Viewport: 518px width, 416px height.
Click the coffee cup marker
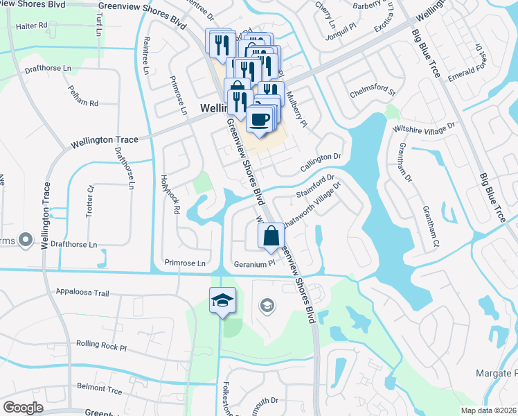point(260,119)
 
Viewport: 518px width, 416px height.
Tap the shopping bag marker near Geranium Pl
point(271,235)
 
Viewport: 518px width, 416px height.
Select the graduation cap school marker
point(222,300)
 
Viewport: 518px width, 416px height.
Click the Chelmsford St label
point(373,91)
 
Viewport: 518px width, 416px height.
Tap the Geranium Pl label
point(255,263)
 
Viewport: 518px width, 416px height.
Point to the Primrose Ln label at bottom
point(186,263)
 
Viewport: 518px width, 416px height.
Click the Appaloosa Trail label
point(83,293)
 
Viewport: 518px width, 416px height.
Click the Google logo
point(23,408)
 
